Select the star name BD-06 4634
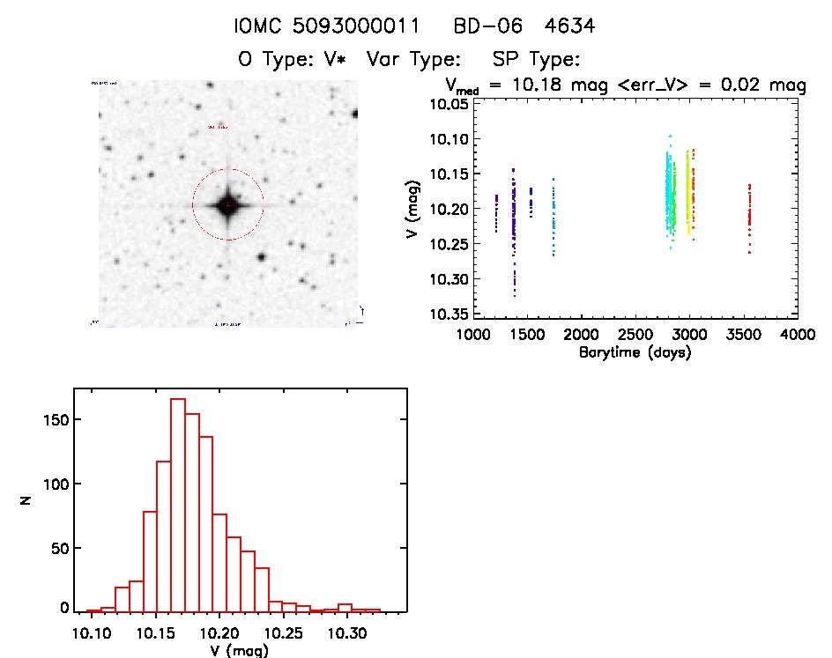524,26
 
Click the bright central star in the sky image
227,205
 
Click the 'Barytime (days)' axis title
635,352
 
